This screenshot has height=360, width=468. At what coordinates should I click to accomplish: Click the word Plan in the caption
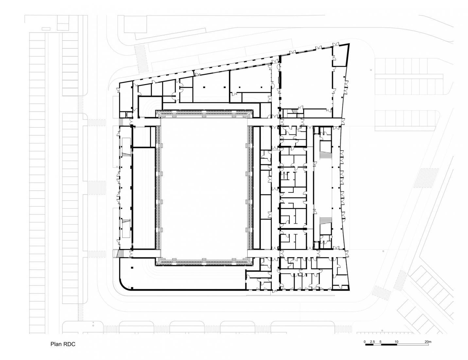pyautogui.click(x=56, y=344)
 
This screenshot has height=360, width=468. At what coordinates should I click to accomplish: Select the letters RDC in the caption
pyautogui.click(x=69, y=344)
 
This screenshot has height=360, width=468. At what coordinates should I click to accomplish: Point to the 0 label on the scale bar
pyautogui.click(x=365, y=342)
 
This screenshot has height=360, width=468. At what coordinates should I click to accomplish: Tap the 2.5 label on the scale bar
pyautogui.click(x=373, y=342)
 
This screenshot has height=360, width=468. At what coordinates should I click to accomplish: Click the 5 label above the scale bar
pyautogui.click(x=380, y=342)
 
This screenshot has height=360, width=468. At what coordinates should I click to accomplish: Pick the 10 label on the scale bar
pyautogui.click(x=396, y=342)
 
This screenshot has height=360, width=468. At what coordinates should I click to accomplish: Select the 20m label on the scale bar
pyautogui.click(x=428, y=342)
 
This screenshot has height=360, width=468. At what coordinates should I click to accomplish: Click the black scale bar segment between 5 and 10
pyautogui.click(x=389, y=345)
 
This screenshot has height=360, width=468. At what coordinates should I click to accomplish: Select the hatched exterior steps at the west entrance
pyautogui.click(x=116, y=254)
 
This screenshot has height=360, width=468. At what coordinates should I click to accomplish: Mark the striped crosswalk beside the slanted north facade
pyautogui.click(x=141, y=59)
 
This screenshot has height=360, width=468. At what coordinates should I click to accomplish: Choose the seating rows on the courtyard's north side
pyautogui.click(x=205, y=114)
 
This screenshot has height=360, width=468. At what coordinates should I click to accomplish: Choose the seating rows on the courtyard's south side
pyautogui.click(x=205, y=261)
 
